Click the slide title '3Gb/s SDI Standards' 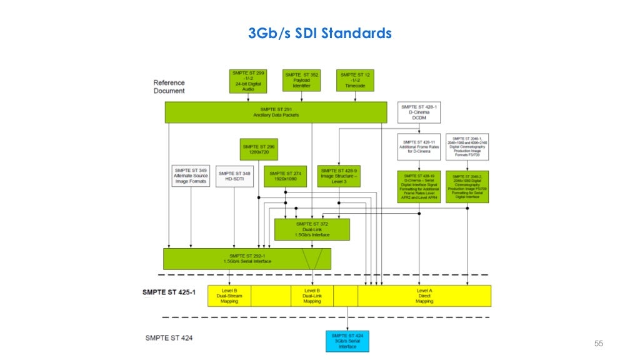click(319, 33)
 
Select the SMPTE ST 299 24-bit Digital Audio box click(247, 81)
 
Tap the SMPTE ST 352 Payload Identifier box click(301, 81)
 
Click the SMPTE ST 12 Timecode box click(355, 81)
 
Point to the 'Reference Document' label click(169, 87)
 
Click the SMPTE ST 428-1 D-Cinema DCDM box click(419, 113)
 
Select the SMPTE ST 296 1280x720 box click(259, 149)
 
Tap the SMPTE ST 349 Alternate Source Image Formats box click(191, 176)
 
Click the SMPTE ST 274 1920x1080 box click(285, 177)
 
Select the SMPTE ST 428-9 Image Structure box click(339, 177)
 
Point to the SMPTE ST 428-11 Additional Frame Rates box click(419, 147)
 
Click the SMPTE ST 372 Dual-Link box click(312, 229)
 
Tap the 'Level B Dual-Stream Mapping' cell click(229, 296)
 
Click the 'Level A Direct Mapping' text click(424, 296)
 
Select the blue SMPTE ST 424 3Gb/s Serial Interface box click(347, 341)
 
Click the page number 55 click(598, 344)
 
